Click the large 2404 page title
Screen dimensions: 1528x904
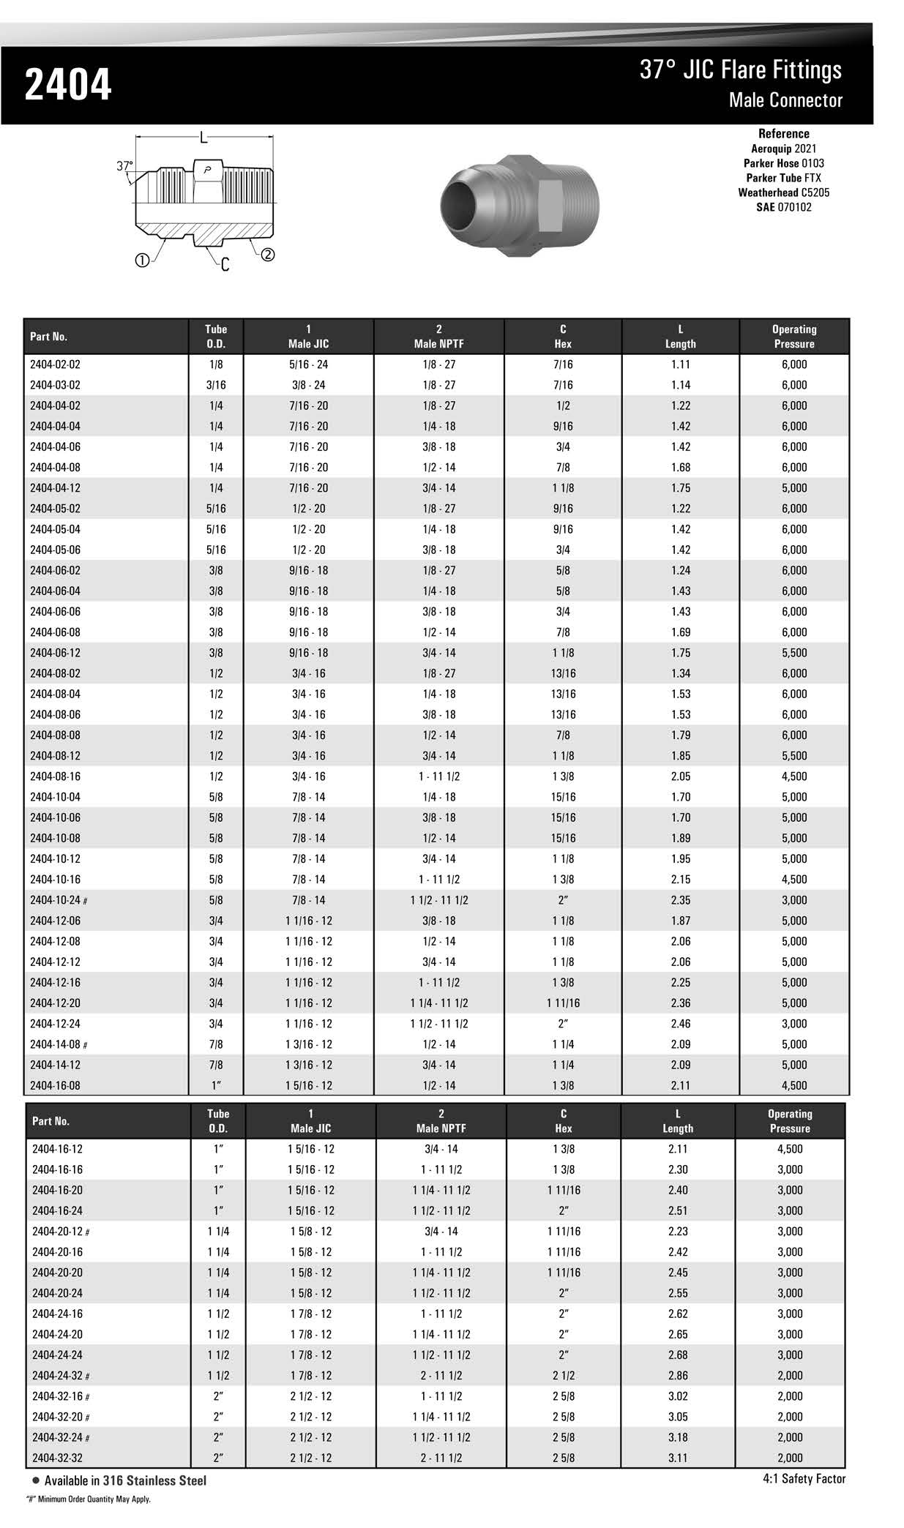68,85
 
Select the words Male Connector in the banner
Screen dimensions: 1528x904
785,100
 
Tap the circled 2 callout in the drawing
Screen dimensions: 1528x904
268,255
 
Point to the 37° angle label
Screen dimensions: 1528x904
125,166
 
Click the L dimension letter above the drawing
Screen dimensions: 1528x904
203,137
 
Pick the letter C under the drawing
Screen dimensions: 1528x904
225,265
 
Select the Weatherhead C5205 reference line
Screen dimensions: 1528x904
783,192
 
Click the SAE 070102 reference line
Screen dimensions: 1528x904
783,207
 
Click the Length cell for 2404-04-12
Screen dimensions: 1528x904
680,488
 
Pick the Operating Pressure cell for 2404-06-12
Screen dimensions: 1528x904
793,653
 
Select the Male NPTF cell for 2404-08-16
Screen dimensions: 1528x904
438,776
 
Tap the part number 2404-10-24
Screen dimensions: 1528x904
57,900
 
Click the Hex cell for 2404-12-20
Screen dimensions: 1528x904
562,1003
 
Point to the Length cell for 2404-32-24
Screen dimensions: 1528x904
677,1437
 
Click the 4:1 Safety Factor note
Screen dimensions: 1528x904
803,1479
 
